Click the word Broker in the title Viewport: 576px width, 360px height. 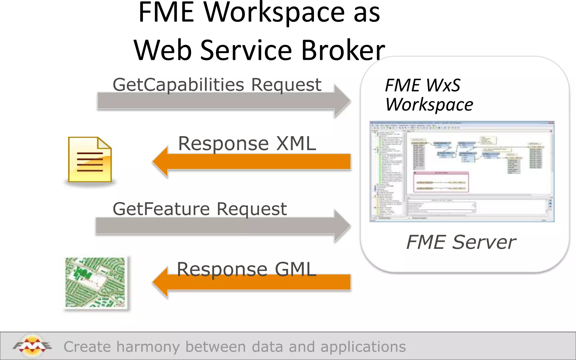click(x=343, y=51)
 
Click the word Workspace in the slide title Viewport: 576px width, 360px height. click(x=274, y=13)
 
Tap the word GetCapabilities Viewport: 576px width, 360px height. click(x=178, y=85)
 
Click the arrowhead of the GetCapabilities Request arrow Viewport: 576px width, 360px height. click(x=342, y=101)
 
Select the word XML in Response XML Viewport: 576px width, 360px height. click(x=296, y=144)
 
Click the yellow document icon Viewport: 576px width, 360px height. click(x=90, y=160)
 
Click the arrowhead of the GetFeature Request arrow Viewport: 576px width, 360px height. click(x=342, y=226)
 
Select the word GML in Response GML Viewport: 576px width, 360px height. click(x=295, y=269)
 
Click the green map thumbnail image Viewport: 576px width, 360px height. click(x=95, y=282)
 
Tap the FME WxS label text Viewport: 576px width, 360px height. click(x=422, y=85)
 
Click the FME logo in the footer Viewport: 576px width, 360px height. click(x=32, y=346)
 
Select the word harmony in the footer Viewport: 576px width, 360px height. click(x=148, y=347)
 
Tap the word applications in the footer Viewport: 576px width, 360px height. click(x=363, y=347)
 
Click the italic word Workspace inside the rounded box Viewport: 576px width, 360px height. click(x=429, y=105)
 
